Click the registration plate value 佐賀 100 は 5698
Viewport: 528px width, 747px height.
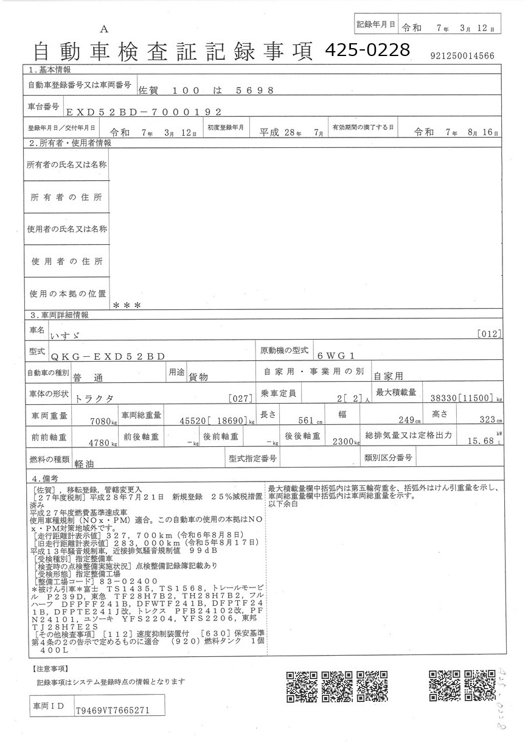click(206, 90)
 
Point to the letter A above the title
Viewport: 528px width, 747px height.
click(104, 29)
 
